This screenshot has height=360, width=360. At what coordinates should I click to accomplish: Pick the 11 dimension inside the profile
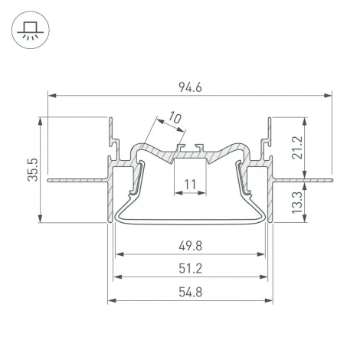(x=191, y=184)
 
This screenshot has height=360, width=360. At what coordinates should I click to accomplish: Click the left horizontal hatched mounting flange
(x=77, y=181)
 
